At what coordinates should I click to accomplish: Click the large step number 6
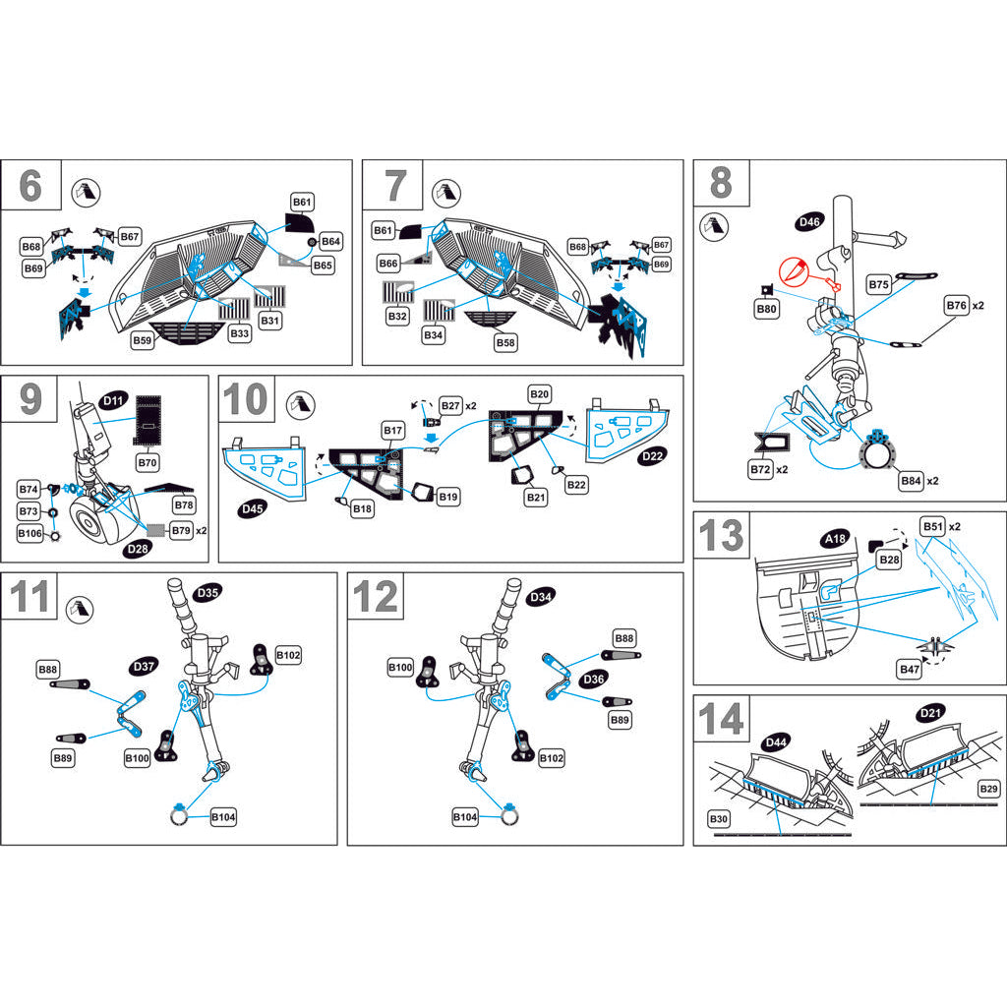30,185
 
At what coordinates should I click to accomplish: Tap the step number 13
721,536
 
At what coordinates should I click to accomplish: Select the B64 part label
330,242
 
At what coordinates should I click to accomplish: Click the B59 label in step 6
145,341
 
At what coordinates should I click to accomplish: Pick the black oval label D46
809,222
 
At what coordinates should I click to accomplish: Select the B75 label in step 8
879,284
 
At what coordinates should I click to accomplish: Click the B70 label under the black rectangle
148,461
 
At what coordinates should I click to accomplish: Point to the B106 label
30,533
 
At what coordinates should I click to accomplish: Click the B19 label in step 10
448,498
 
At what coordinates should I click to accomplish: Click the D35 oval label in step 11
207,593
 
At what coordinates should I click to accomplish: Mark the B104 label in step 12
465,817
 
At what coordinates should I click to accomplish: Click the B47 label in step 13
911,669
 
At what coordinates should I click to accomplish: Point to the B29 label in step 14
988,790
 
